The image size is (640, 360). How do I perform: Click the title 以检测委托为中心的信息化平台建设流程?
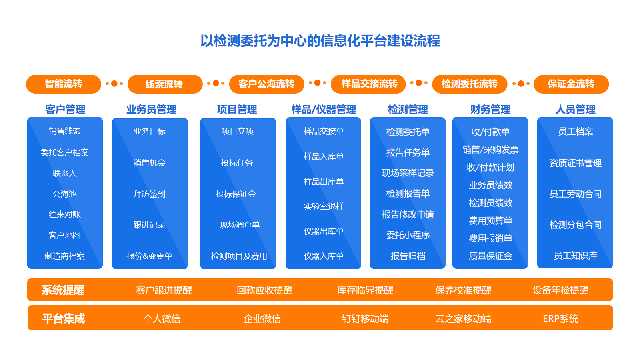point(320,41)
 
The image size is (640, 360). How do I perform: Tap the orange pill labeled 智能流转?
point(64,84)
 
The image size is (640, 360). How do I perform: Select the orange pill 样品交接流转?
point(368,84)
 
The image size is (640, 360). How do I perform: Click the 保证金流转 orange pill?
point(571,84)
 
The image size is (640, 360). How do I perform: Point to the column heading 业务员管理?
point(152,110)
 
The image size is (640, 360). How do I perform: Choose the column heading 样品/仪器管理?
point(324,110)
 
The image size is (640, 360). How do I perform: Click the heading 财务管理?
point(490,110)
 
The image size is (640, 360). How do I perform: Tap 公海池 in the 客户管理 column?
point(64,194)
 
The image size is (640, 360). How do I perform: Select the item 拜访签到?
point(150,194)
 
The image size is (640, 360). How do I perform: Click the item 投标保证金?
point(236,194)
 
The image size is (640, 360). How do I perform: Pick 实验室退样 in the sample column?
point(324,206)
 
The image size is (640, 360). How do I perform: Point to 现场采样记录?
point(408,173)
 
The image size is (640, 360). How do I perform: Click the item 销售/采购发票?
point(490,150)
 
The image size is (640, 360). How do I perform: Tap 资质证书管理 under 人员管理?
point(576,163)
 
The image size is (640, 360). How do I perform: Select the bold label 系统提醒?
point(63,290)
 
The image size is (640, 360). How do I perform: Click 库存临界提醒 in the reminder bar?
point(365,290)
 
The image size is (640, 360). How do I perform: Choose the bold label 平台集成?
point(64,318)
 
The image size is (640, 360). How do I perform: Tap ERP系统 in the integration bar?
point(560,318)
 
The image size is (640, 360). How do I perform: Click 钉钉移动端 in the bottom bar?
point(365,318)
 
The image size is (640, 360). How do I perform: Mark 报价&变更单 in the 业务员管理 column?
point(150,256)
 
